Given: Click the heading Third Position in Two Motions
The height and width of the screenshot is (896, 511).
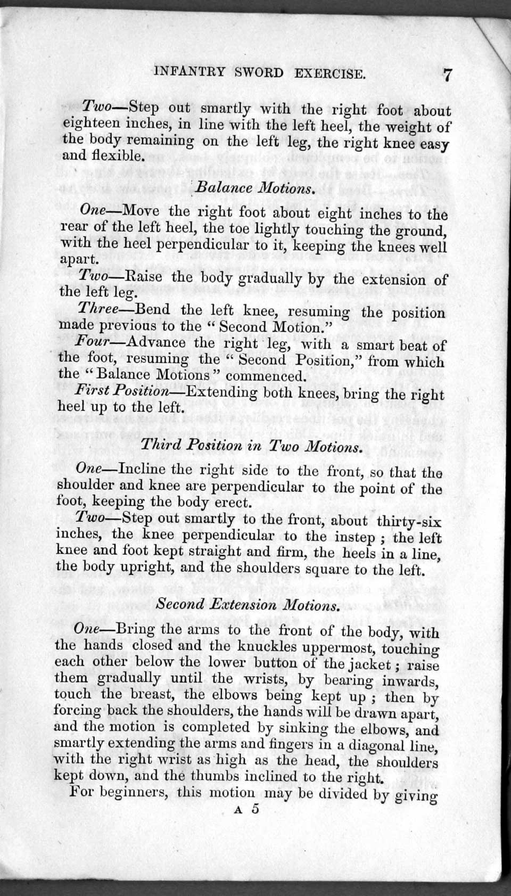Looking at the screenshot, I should [x=252, y=445].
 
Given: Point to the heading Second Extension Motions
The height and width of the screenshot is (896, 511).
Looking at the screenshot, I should [x=248, y=605].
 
